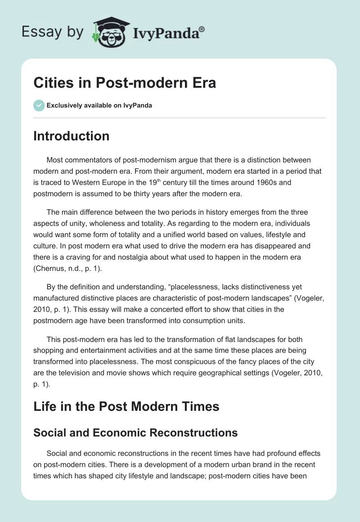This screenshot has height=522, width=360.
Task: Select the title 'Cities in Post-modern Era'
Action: (x=125, y=83)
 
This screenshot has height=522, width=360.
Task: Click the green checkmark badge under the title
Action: (x=39, y=105)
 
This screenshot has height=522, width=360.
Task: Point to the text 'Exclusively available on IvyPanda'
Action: (x=99, y=105)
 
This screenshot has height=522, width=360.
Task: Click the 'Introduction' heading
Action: (x=71, y=136)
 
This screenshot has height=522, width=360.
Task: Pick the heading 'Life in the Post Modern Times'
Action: (x=126, y=406)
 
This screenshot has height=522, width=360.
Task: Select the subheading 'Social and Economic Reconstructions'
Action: (x=135, y=432)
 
